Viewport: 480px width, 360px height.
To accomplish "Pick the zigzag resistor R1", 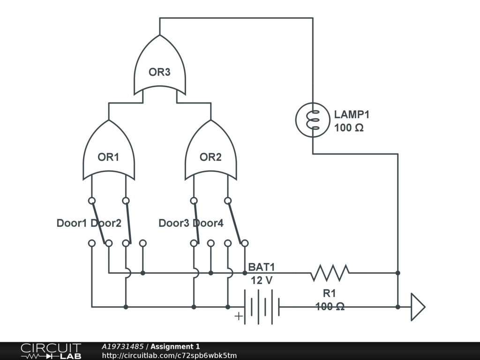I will click(x=330, y=272).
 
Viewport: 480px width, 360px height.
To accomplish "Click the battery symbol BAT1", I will click(x=262, y=307).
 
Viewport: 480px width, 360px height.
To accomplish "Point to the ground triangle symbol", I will click(x=417, y=307).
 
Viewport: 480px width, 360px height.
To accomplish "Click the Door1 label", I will click(x=72, y=223).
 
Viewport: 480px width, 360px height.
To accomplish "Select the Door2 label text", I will click(x=106, y=223).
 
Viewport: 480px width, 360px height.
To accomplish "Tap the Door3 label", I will click(x=174, y=223).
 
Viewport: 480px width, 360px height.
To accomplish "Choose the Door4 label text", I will click(x=208, y=223).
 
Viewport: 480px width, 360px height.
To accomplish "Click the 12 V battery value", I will click(x=262, y=281).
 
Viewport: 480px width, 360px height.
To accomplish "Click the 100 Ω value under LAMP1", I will click(x=349, y=127).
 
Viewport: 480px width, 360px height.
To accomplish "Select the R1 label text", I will click(x=329, y=294).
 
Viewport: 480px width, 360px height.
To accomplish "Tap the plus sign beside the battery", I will click(x=239, y=316).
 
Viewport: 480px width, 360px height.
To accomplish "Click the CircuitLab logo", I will click(x=51, y=351).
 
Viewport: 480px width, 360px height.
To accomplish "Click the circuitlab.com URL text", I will click(x=169, y=356).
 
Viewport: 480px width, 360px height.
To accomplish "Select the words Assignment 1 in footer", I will click(x=175, y=346).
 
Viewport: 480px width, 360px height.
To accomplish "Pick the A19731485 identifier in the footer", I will click(x=123, y=346).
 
